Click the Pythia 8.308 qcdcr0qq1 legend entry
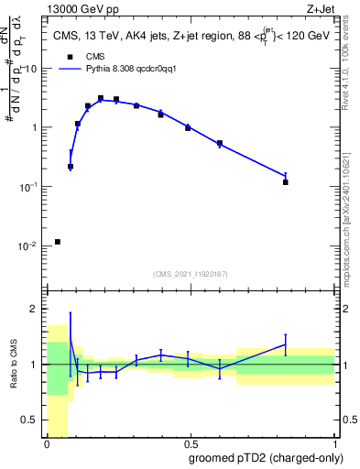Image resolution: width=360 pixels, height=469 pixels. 101,68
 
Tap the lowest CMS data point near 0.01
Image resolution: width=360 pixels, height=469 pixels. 58,242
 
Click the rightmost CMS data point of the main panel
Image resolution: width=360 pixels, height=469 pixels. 286,182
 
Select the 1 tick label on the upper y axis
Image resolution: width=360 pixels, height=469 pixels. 37,127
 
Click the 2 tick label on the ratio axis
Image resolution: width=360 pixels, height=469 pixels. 38,309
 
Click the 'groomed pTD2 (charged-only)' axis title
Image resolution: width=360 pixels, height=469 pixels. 265,458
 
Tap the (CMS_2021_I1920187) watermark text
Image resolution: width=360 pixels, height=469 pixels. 191,274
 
